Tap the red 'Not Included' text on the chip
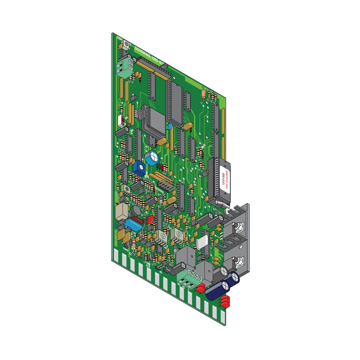227,179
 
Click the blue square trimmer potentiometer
139,168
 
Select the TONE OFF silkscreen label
148,264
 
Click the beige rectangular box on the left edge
121,211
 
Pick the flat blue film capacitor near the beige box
133,225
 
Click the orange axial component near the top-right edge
203,94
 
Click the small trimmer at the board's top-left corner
126,45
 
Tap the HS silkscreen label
161,272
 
